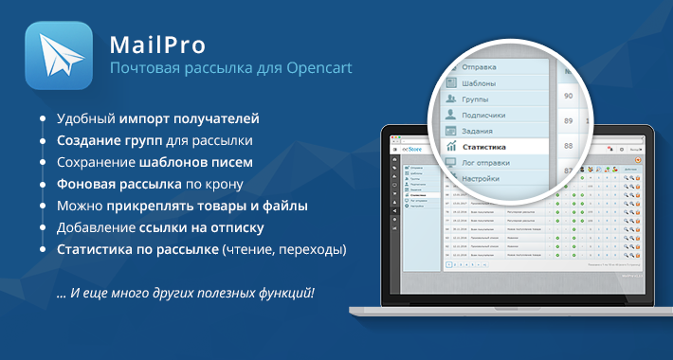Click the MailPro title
click(152, 45)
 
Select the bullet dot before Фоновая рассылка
click(43, 183)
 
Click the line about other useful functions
click(186, 292)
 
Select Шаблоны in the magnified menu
click(487, 84)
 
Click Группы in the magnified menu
click(482, 99)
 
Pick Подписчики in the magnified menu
click(494, 115)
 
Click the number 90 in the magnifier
click(569, 96)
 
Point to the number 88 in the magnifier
click(569, 121)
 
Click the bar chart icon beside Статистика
click(450, 147)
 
